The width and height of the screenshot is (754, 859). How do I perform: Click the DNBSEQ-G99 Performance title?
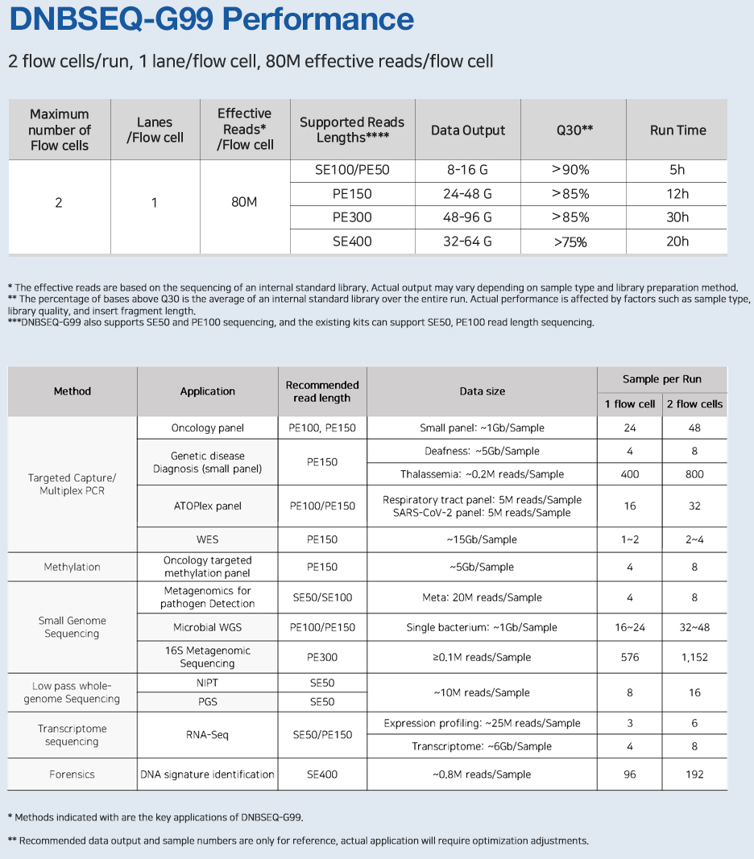click(x=211, y=20)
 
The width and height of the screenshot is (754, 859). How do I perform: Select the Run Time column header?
click(x=677, y=130)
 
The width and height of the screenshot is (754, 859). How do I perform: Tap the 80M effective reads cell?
click(x=244, y=202)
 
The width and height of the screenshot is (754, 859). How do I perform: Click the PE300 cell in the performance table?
click(x=352, y=217)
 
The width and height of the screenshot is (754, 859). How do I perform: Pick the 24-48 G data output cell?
click(x=467, y=194)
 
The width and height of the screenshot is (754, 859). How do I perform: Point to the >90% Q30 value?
click(x=570, y=170)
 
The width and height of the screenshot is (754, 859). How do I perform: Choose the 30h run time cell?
click(x=677, y=217)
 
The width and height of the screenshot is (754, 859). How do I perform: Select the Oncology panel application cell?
click(x=207, y=428)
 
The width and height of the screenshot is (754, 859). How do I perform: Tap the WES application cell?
click(x=207, y=539)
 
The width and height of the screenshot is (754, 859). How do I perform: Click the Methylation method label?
click(x=72, y=567)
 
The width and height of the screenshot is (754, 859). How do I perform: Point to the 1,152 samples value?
click(x=694, y=657)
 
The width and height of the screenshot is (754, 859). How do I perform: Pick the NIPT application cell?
click(x=207, y=683)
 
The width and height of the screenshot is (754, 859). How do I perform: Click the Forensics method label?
click(x=72, y=774)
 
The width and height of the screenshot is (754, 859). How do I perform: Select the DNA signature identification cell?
click(x=207, y=774)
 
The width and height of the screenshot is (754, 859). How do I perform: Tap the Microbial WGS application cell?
click(x=207, y=627)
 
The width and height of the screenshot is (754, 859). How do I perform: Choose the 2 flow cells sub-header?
click(x=694, y=404)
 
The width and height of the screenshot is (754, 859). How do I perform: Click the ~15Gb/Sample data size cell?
click(x=482, y=539)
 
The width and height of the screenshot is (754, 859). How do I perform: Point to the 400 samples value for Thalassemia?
click(x=630, y=474)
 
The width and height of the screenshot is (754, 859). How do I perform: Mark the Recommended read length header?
click(x=322, y=391)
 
